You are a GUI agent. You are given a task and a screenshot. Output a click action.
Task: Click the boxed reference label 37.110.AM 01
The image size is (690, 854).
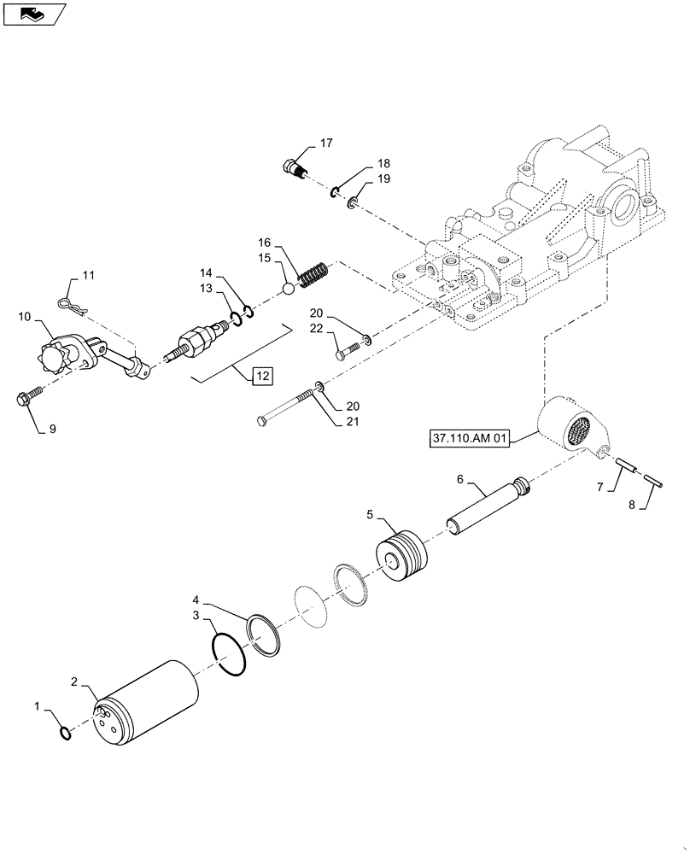470,440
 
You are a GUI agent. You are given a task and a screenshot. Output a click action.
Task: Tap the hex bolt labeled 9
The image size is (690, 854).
29,398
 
